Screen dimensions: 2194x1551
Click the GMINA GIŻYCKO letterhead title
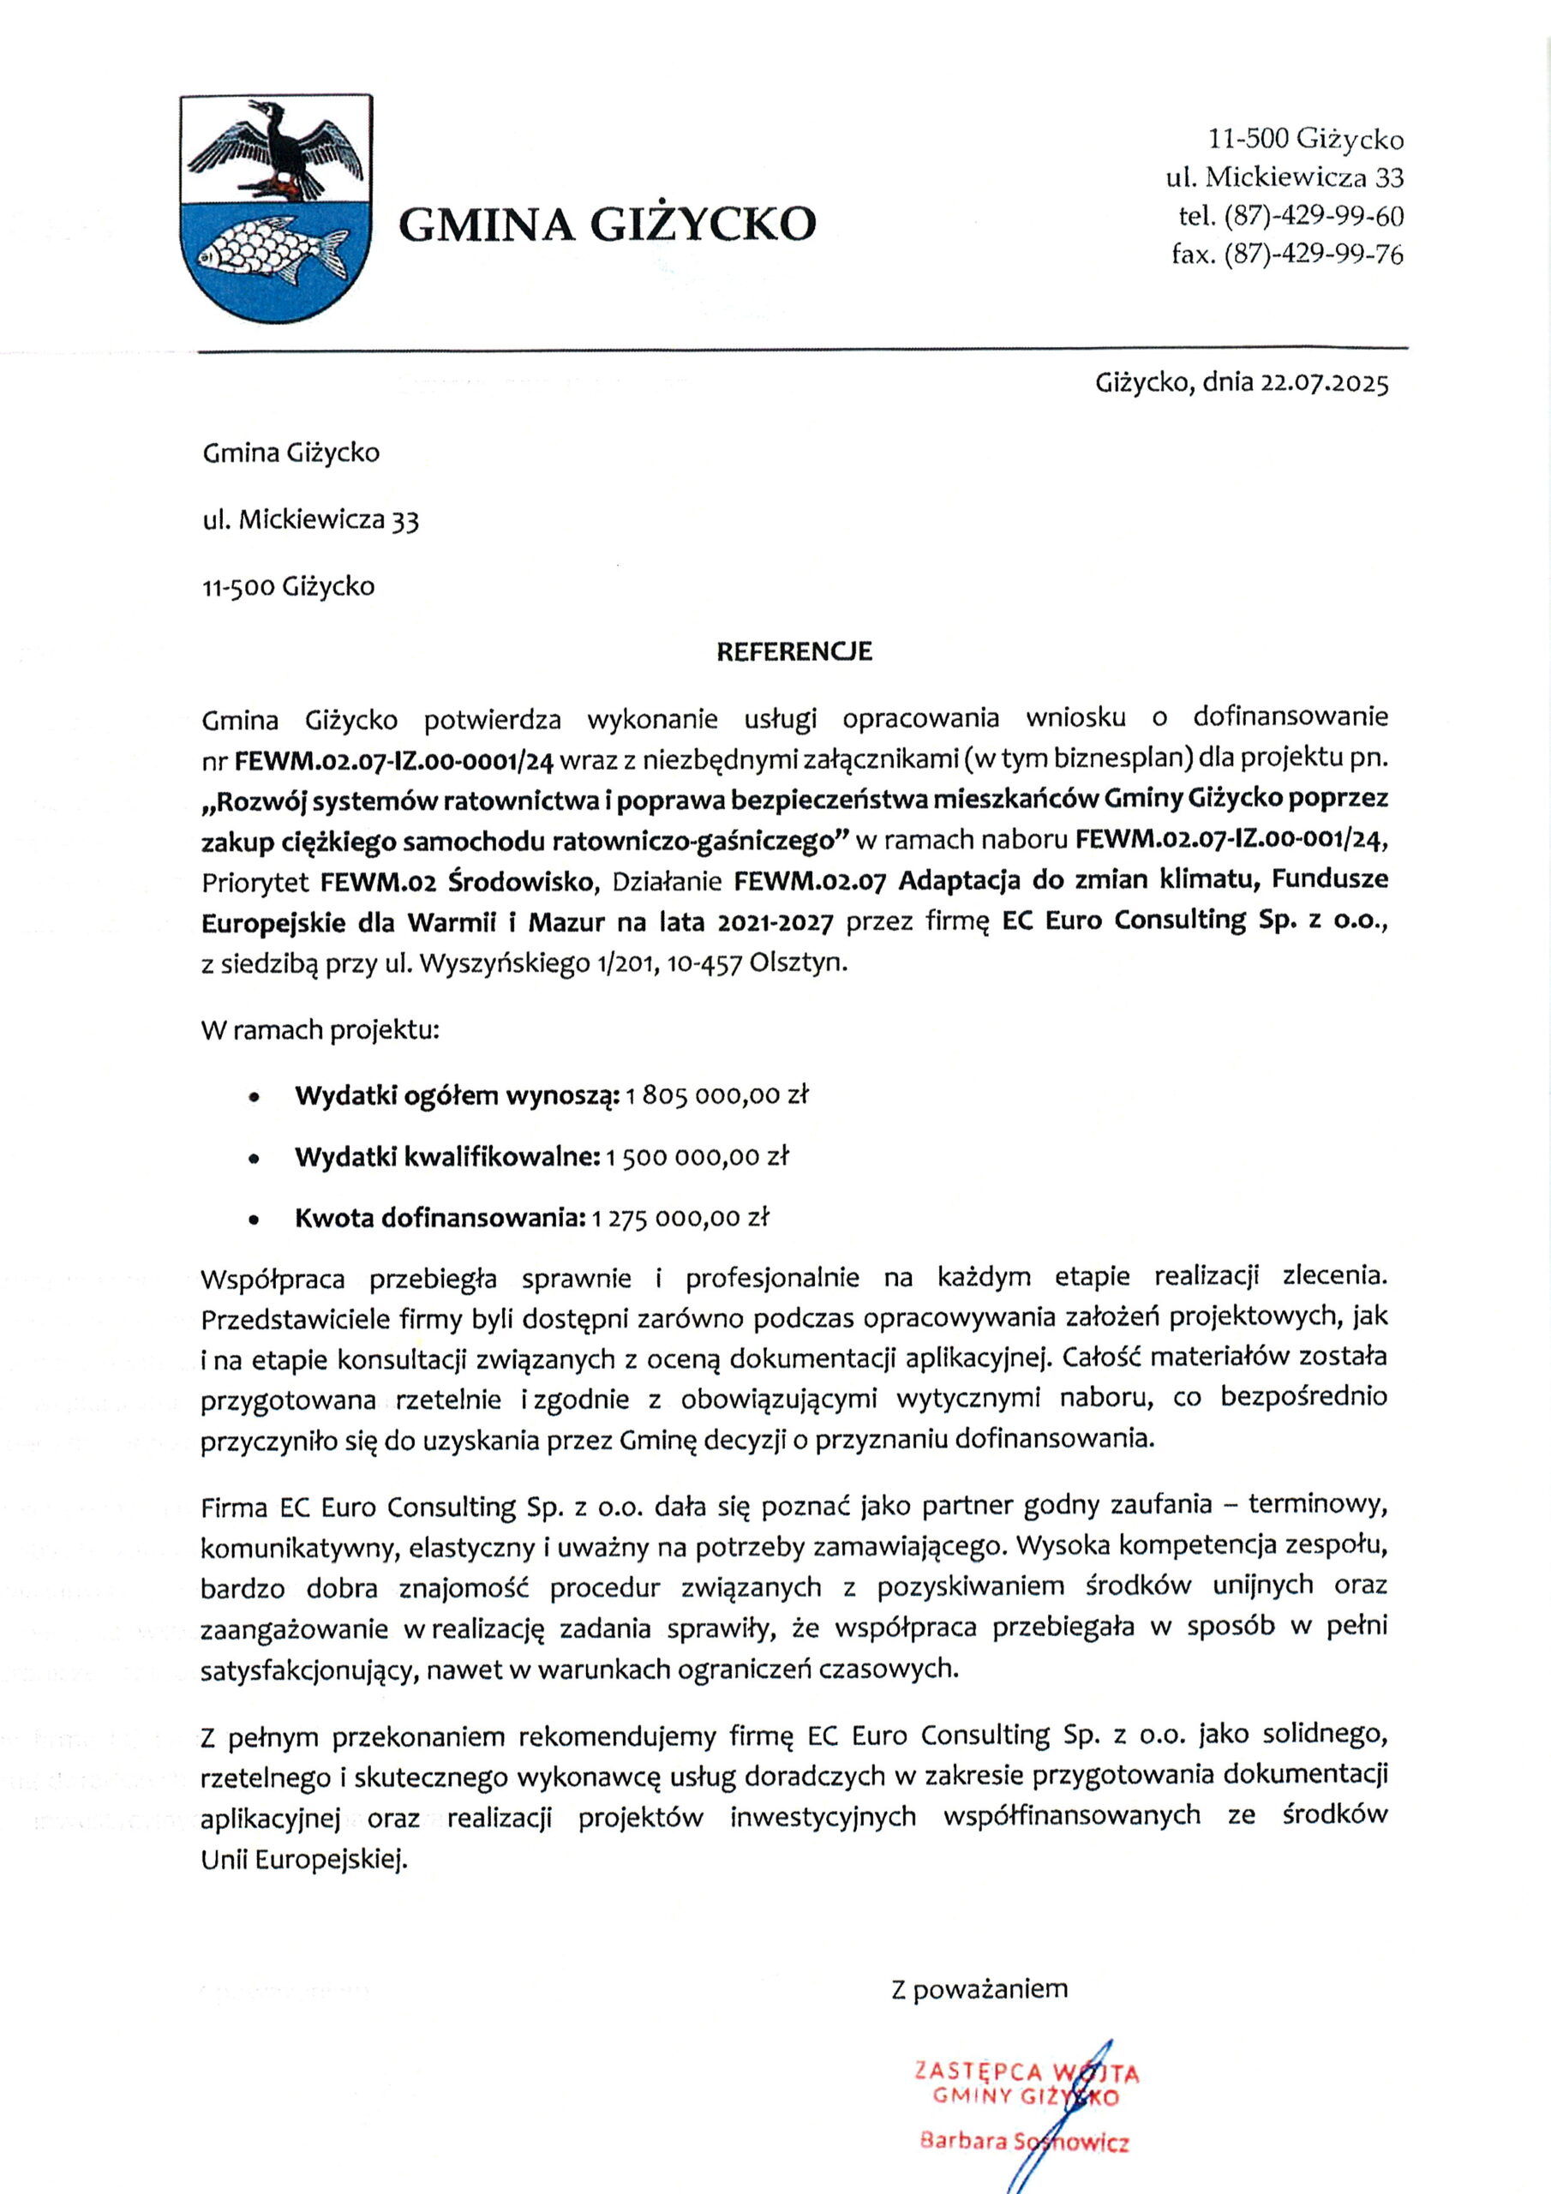click(607, 225)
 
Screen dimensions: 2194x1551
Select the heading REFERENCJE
click(794, 651)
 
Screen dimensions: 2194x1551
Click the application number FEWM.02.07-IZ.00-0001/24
click(395, 762)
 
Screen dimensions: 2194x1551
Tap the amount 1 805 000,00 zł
click(718, 1095)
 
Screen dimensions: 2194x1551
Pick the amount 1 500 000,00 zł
click(698, 1157)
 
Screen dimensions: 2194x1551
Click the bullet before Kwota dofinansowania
click(254, 1220)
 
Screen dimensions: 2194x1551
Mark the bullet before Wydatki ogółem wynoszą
click(254, 1098)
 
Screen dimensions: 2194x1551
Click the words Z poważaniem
click(979, 1989)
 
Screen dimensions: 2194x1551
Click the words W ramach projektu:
click(320, 1030)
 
